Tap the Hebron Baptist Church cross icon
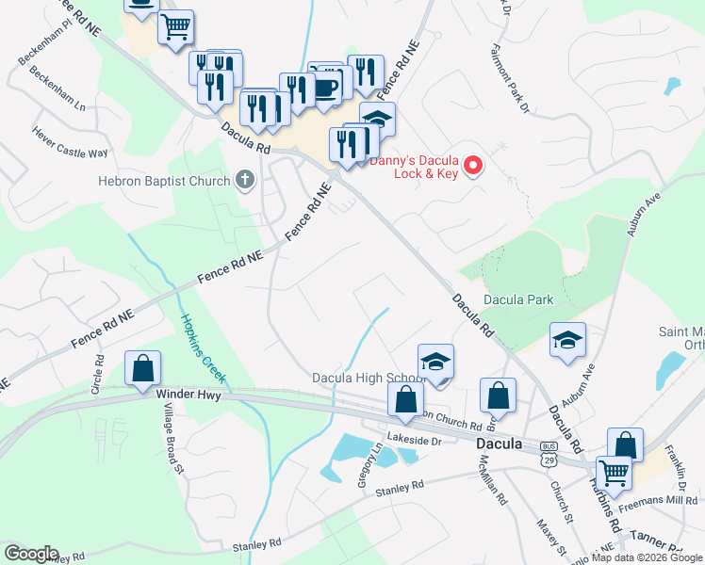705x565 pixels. [x=245, y=181]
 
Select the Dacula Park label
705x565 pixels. [x=518, y=299]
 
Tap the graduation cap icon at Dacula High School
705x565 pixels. [x=435, y=362]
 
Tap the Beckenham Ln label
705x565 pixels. [x=58, y=94]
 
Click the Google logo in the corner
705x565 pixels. [x=30, y=554]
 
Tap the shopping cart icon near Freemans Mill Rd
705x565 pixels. [x=614, y=474]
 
